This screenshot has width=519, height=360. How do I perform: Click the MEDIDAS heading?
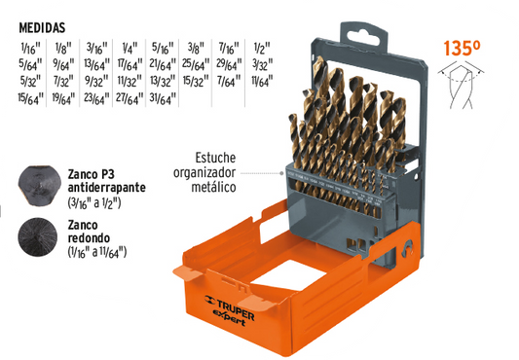click(42, 28)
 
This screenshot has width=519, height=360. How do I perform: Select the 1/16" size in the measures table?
click(30, 49)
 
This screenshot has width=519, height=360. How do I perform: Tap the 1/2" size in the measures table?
click(262, 49)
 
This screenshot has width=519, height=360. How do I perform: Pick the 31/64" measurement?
click(163, 98)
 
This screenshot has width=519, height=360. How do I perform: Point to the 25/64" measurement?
click(196, 64)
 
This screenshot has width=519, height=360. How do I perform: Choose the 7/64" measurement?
click(229, 81)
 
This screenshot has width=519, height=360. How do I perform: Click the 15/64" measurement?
click(30, 98)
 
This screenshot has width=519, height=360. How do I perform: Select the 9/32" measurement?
click(96, 81)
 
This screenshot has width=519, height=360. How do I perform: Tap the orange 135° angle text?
click(462, 49)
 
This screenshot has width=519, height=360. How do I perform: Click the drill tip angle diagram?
click(461, 87)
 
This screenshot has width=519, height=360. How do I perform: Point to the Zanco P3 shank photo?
click(39, 186)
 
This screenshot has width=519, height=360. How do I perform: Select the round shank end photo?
click(38, 236)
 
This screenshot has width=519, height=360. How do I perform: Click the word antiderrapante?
click(106, 188)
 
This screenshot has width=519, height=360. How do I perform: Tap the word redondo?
click(89, 238)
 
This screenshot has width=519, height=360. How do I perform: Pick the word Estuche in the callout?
click(215, 158)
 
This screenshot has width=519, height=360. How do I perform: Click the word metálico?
click(213, 187)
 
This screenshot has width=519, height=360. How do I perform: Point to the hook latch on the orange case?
click(407, 248)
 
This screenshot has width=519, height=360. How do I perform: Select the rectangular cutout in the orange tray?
click(289, 275)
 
